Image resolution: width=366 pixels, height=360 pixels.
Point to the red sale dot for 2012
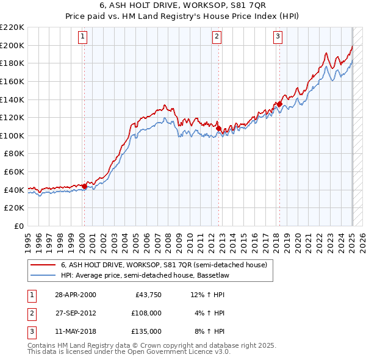click(218, 128)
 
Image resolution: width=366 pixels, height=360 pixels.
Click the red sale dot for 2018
click(279, 104)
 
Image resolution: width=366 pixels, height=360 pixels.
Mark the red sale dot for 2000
click(84, 186)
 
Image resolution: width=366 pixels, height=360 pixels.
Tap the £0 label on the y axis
click(18, 226)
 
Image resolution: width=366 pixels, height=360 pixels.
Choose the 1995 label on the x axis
click(27, 240)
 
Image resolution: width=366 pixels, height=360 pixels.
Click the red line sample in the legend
click(43, 265)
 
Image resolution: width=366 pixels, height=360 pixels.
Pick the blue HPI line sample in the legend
click(43, 275)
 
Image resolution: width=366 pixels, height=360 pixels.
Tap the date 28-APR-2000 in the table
click(75, 295)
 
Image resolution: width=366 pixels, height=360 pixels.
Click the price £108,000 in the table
click(146, 313)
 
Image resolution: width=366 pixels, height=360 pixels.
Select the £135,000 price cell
click(146, 331)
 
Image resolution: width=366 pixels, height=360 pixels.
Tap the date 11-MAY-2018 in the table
click(75, 331)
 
